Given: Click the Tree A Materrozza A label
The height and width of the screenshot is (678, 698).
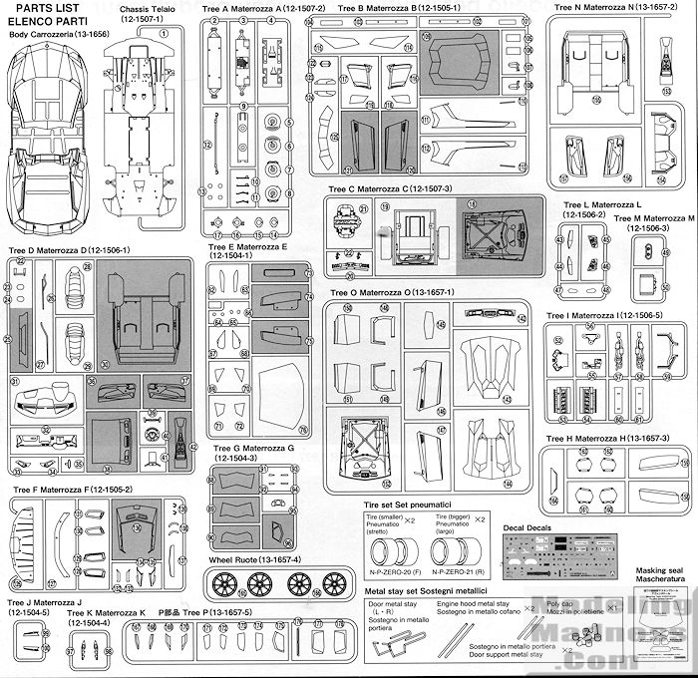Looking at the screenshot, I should tap(256, 8).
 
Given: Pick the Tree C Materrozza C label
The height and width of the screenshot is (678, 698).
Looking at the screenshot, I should tap(390, 188).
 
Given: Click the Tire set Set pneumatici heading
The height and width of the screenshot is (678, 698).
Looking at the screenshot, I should tap(410, 508).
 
